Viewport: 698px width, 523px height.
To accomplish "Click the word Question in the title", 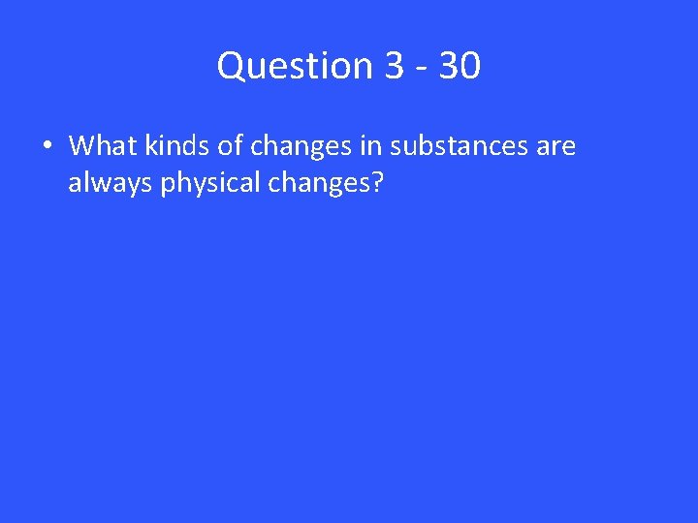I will coord(296,66).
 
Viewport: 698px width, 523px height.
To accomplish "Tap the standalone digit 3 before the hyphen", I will coord(394,66).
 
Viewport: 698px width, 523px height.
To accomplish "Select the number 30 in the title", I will coord(459,66).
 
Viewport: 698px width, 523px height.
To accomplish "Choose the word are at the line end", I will coord(555,147).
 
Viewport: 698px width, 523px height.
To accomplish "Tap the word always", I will coord(111,181).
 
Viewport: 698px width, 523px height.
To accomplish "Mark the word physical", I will coord(202,181).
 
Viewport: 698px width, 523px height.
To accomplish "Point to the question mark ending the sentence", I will coord(377,180).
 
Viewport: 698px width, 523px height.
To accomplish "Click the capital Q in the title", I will coord(232,66).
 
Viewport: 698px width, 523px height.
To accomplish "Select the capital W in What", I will coord(82,146).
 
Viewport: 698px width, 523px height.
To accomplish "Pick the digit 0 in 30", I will coord(469,66).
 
